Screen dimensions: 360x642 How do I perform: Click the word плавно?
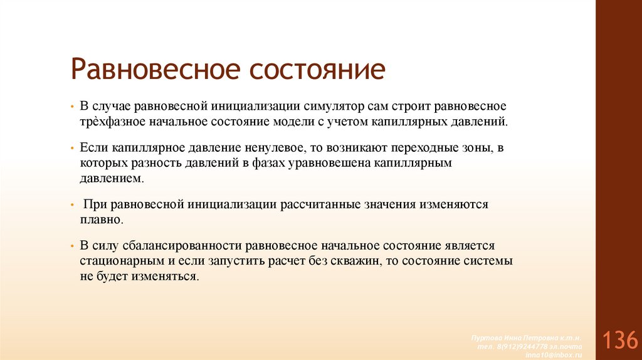(102, 220)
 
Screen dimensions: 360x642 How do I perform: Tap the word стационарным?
(120, 260)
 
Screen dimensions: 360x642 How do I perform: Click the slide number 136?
(618, 341)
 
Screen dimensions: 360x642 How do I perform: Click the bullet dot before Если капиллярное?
(73, 149)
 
